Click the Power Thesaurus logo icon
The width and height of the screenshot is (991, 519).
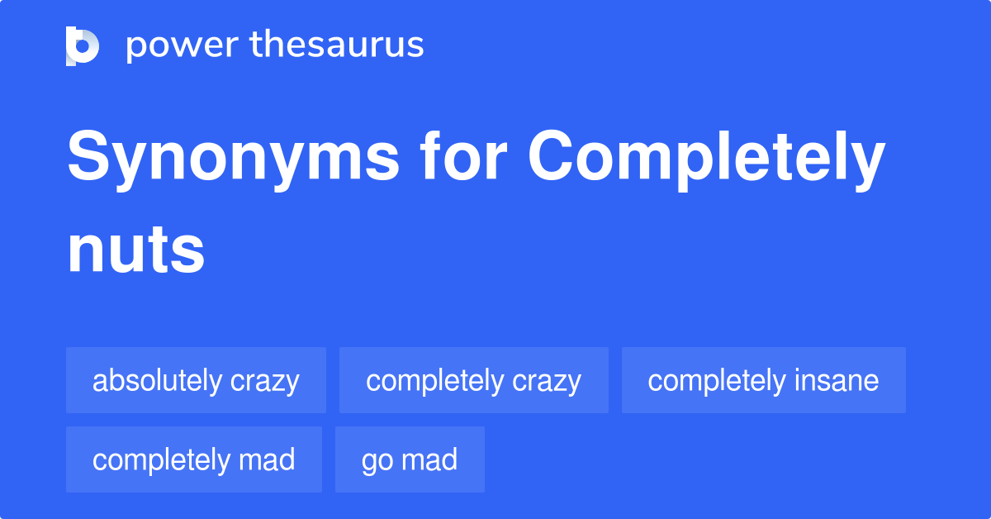(83, 45)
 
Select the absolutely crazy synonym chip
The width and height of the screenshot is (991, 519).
(196, 380)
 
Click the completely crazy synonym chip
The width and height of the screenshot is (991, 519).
(473, 380)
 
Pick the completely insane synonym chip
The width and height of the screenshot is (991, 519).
(763, 380)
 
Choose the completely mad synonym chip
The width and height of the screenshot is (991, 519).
(193, 459)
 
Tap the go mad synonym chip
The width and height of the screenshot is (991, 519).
(410, 459)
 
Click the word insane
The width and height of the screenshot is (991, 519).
(836, 380)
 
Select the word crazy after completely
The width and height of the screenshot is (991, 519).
(546, 381)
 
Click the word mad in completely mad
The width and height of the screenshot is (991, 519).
(267, 459)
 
